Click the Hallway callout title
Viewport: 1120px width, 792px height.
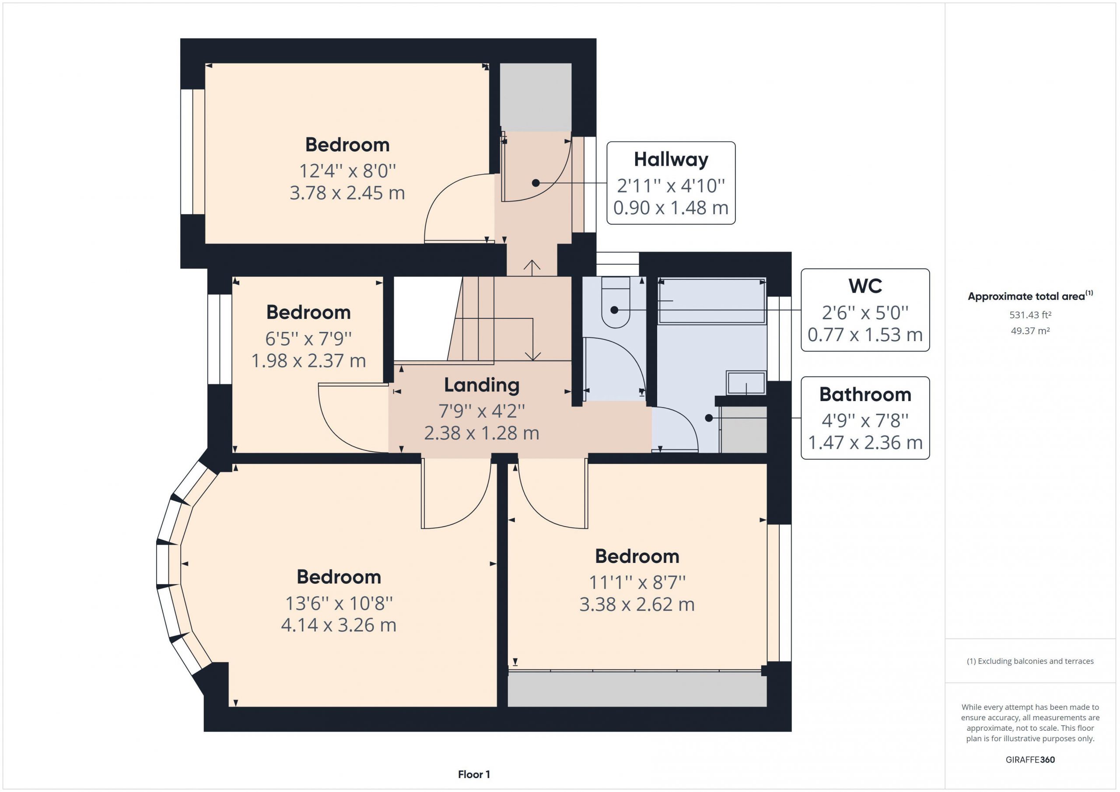[671, 160]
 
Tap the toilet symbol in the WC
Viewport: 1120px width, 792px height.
[615, 302]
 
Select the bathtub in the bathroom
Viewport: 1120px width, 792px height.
[712, 301]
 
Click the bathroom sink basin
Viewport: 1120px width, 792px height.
[746, 383]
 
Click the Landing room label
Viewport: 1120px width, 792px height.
[481, 385]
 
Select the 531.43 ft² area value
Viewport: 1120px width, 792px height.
[1030, 315]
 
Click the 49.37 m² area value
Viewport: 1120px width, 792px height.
[1030, 331]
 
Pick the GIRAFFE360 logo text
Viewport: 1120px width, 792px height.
[1030, 759]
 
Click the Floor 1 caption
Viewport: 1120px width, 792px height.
[474, 774]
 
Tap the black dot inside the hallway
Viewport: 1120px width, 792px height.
[535, 183]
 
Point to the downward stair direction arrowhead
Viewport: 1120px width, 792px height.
[533, 356]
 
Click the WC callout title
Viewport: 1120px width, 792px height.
[865, 286]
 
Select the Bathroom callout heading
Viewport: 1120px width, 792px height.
[865, 394]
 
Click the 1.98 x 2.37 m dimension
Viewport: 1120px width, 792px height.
[308, 361]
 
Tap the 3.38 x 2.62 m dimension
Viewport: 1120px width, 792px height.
[637, 605]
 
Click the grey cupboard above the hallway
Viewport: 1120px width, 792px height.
[535, 97]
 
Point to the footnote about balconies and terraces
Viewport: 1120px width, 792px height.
[1030, 661]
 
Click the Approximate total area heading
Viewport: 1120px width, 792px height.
[1030, 296]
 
